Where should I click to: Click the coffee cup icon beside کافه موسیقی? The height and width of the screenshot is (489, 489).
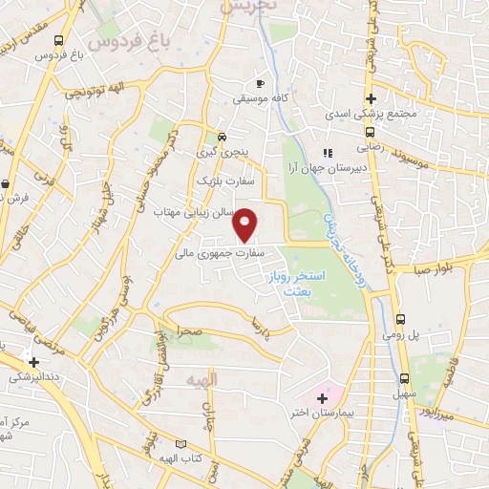[x=261, y=83]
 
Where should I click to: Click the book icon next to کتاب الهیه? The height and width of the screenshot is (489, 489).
[x=181, y=443]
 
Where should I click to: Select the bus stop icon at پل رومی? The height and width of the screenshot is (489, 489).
[x=401, y=320]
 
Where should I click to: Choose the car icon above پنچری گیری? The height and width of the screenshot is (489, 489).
[x=222, y=137]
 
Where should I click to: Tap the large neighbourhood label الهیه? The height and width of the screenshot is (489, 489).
[x=202, y=380]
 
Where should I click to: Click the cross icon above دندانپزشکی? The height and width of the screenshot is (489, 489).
[x=35, y=362]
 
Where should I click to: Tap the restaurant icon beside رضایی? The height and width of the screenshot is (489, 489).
[x=328, y=151]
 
